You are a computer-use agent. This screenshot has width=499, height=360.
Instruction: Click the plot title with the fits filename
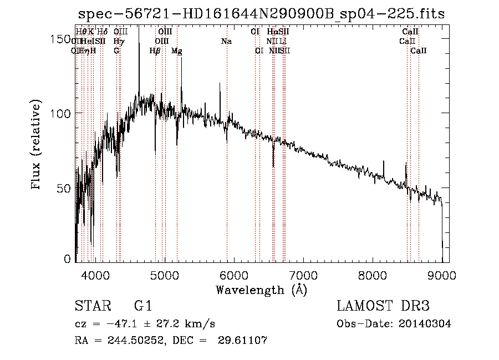click(x=261, y=14)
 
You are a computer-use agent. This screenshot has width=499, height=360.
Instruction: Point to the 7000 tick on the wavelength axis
click(x=303, y=274)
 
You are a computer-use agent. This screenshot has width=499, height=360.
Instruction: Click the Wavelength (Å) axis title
click(x=261, y=290)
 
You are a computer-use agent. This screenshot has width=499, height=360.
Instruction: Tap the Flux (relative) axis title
click(x=37, y=145)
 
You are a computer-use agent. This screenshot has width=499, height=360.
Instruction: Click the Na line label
click(x=226, y=42)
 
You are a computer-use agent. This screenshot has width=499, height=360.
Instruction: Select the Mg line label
click(x=177, y=51)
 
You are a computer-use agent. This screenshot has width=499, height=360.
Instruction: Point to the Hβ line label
click(x=156, y=51)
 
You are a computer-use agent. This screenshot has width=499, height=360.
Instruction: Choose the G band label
click(x=116, y=51)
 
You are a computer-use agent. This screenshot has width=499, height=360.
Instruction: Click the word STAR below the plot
click(x=91, y=306)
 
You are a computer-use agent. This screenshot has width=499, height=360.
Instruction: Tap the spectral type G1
click(x=143, y=306)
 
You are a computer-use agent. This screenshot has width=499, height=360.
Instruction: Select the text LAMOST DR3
click(x=383, y=306)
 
